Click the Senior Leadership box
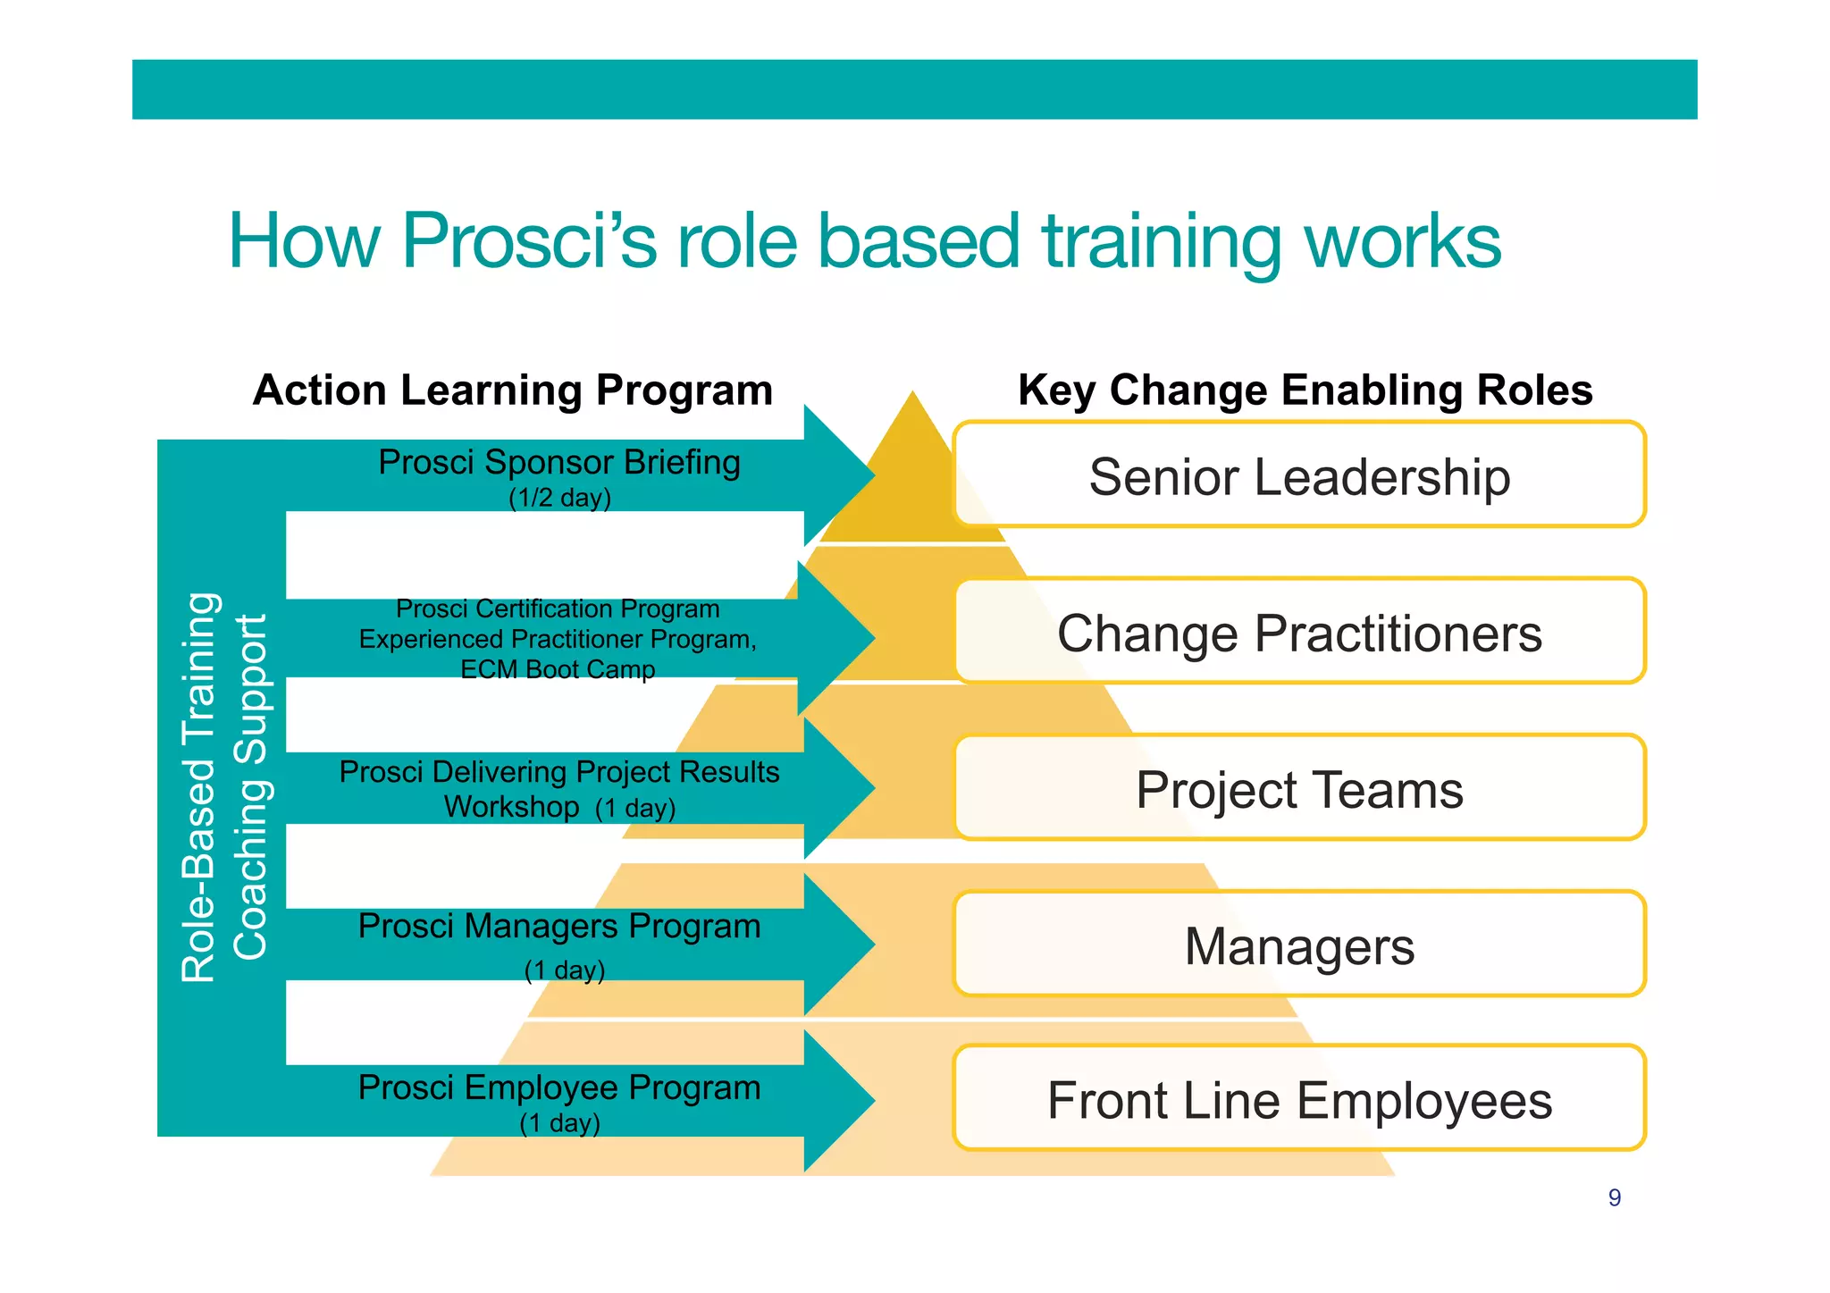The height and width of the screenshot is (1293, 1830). point(1299,475)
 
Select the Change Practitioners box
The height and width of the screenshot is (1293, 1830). point(1299,633)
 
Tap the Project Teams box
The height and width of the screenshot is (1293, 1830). point(1299,789)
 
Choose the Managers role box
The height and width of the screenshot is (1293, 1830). point(1299,945)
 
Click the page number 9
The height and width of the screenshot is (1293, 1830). point(1614,1197)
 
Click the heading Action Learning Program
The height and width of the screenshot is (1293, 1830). point(512,390)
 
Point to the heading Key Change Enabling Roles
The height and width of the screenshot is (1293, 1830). point(1305,390)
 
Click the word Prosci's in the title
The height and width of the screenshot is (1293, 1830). point(529,241)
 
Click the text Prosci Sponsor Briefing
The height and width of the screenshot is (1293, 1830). point(559,463)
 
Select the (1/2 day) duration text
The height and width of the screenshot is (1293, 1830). point(559,498)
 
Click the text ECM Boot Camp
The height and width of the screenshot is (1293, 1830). point(558,669)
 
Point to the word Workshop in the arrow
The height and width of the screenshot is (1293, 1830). point(511,807)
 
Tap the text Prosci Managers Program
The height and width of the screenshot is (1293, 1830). point(559,927)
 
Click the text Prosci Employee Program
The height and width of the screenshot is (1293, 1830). point(559,1087)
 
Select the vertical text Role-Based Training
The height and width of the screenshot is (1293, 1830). point(198,786)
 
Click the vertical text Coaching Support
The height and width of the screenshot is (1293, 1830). point(250,786)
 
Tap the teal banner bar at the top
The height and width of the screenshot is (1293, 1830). point(914,89)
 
